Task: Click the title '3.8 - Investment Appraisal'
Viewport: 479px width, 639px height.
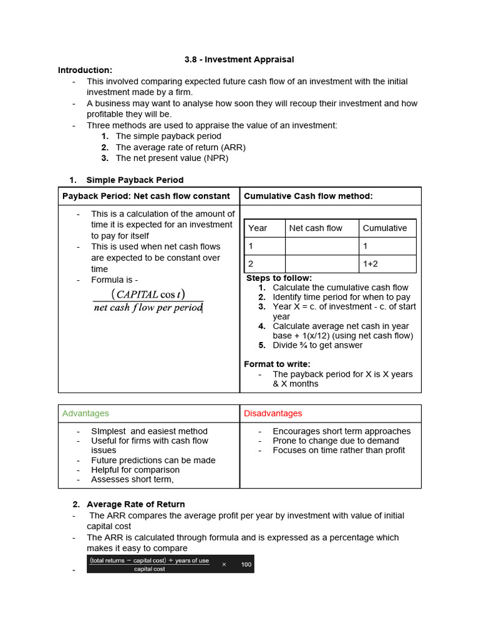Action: pos(239,59)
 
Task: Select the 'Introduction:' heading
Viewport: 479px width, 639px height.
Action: pos(85,70)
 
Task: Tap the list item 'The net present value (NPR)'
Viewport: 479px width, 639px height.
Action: pos(172,158)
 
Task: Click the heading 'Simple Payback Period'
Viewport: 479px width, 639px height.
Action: pos(135,180)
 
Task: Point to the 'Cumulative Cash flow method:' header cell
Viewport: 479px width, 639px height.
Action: pos(308,196)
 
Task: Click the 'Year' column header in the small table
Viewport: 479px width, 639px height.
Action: pos(258,228)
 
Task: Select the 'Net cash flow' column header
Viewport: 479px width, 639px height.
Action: pos(316,228)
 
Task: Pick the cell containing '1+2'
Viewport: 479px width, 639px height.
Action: pos(370,264)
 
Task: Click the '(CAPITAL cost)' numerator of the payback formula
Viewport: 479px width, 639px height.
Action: pos(148,294)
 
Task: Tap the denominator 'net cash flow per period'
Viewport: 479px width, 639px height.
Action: pos(148,308)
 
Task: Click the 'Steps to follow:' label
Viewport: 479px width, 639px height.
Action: pos(279,278)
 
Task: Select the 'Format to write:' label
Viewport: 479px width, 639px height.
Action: pos(277,364)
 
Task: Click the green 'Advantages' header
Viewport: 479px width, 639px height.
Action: pos(85,413)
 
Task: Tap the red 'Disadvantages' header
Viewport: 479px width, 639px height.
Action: pos(272,413)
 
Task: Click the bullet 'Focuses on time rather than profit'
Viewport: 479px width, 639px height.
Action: pos(339,450)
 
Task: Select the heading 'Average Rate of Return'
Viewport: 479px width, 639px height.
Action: pos(135,504)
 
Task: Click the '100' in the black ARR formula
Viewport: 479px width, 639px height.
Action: pos(246,564)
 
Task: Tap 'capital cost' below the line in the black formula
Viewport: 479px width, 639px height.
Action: pos(150,568)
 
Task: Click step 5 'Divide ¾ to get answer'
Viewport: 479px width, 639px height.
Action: pos(317,345)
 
